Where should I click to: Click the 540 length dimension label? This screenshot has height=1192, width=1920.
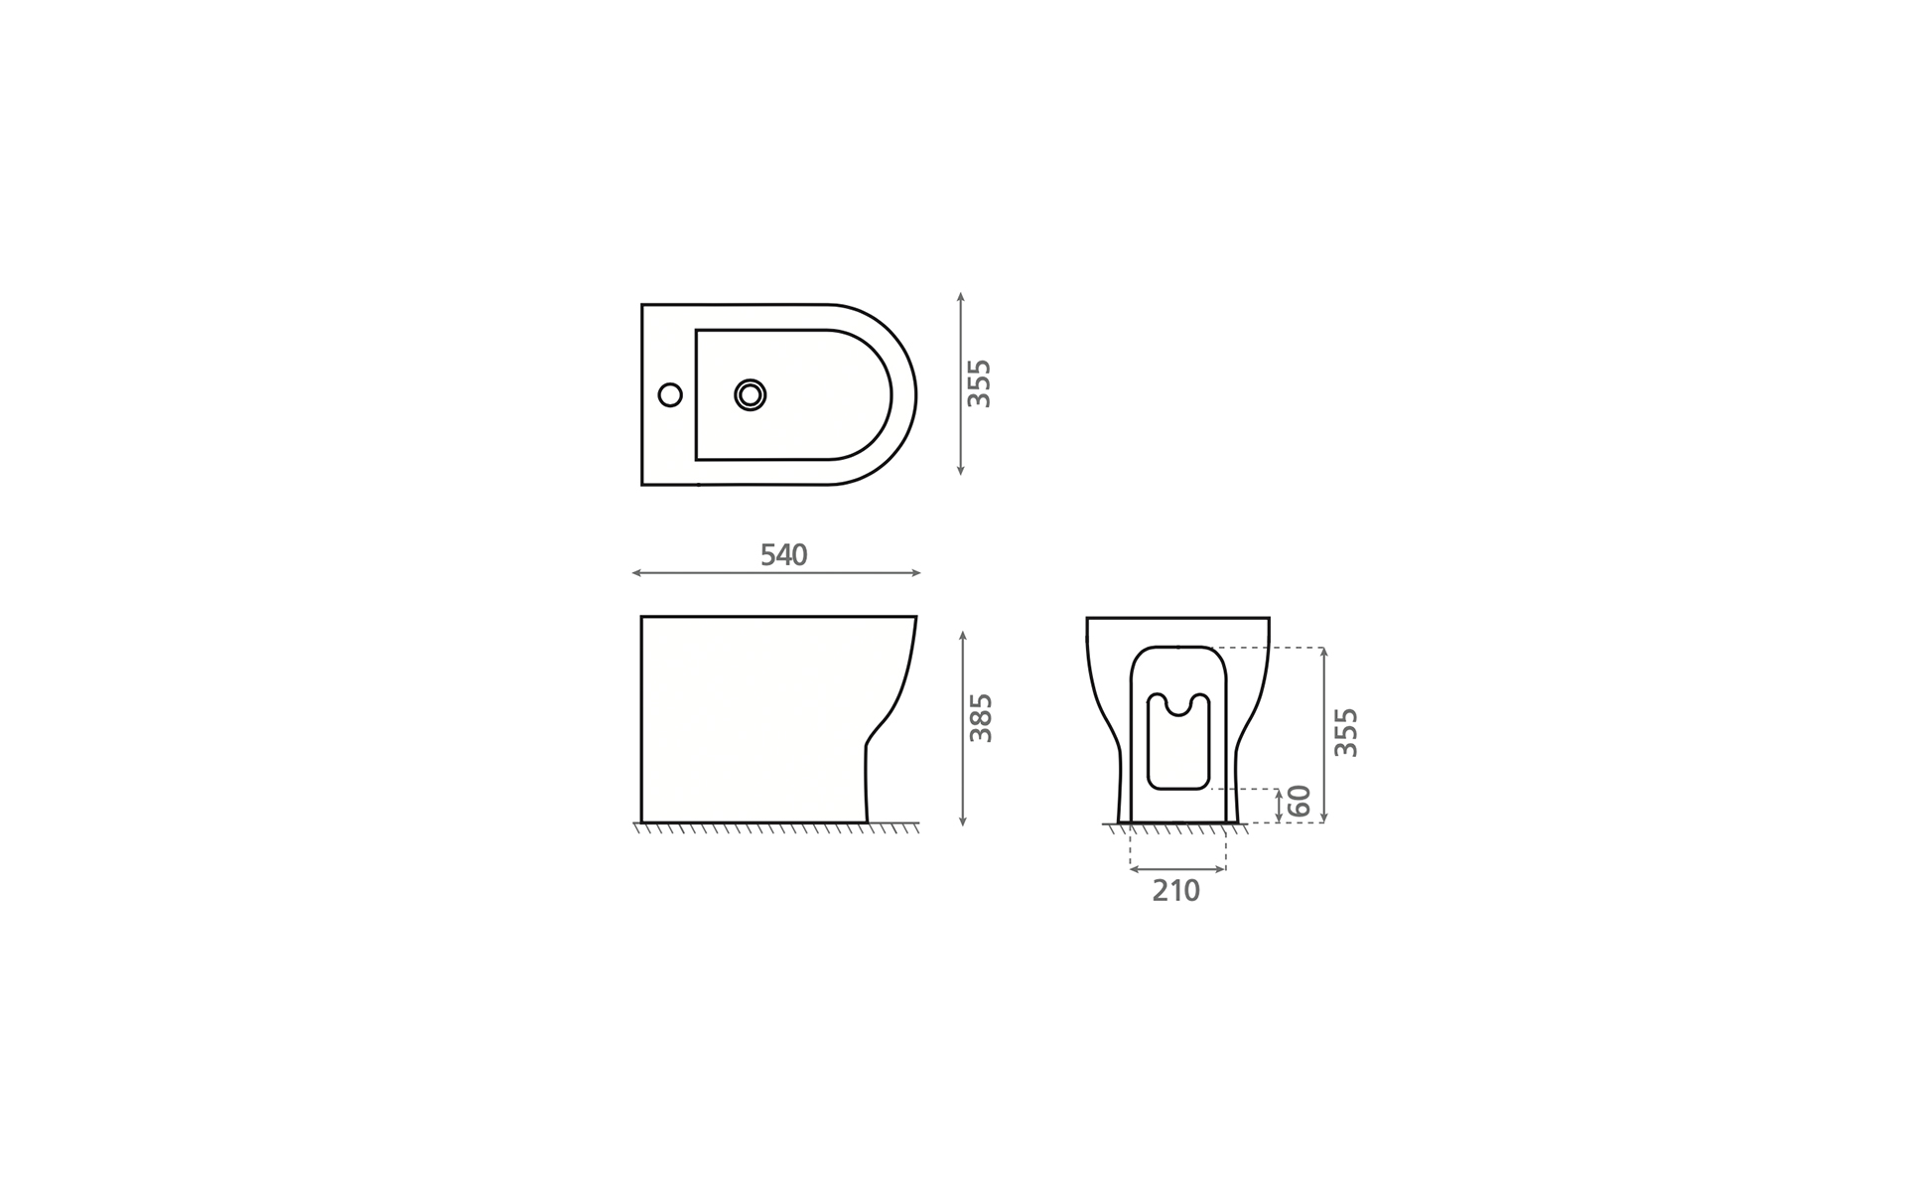point(783,555)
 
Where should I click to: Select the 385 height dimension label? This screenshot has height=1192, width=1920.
point(981,717)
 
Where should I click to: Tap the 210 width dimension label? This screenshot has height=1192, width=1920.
point(1176,891)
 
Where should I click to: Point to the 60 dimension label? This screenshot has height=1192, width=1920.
point(1300,801)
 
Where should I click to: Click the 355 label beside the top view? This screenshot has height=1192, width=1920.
point(980,383)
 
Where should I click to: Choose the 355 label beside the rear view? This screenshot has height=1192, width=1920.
point(1345,732)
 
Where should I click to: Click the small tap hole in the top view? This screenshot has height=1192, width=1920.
point(670,395)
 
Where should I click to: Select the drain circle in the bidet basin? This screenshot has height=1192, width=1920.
point(751,395)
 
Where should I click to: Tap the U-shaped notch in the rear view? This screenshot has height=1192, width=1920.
point(1178,706)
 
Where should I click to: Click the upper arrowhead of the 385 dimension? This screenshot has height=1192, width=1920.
point(963,634)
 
